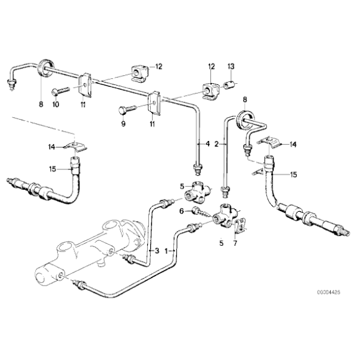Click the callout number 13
(x=231, y=66)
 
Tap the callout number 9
(x=124, y=124)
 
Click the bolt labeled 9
(x=127, y=109)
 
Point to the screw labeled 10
(x=60, y=91)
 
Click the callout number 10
(x=56, y=104)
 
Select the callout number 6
(x=182, y=211)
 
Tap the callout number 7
(x=235, y=243)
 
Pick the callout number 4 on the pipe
(x=207, y=144)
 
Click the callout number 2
(x=216, y=145)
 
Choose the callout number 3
(x=157, y=251)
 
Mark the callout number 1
(x=167, y=251)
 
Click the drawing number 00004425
(x=328, y=292)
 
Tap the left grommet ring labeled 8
(x=47, y=67)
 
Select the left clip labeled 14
(x=76, y=146)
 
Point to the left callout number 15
(x=53, y=169)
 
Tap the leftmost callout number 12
(x=159, y=66)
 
